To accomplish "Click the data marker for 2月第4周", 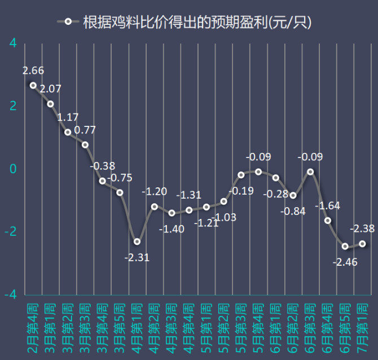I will [x=33, y=85].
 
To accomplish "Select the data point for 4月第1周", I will [x=137, y=242].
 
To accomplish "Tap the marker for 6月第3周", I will [x=310, y=172].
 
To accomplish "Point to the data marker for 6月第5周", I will [x=345, y=246].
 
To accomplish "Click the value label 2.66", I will [x=33, y=71].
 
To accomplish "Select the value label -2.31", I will [x=137, y=257].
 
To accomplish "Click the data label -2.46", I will [x=345, y=262].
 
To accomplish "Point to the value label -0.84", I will [x=293, y=211].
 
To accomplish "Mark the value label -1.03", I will [x=223, y=217].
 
